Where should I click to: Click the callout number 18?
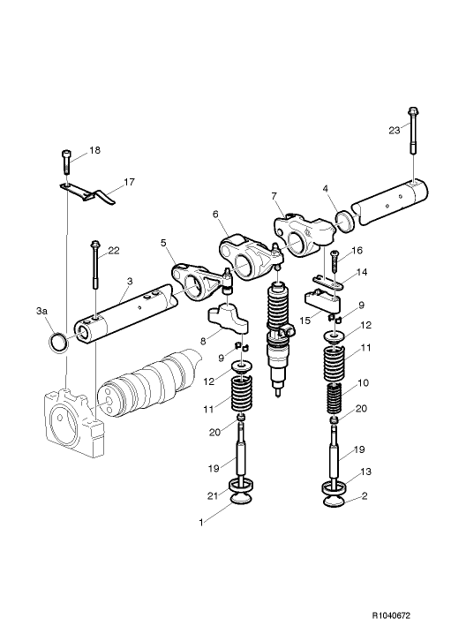click(94, 151)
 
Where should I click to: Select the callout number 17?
click(129, 183)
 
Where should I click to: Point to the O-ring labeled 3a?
click(55, 342)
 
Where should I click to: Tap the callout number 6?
click(214, 214)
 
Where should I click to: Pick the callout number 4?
click(326, 188)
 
